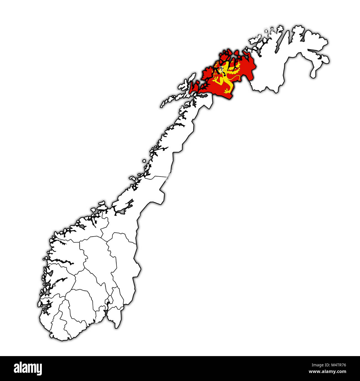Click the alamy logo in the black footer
click(x=28, y=369)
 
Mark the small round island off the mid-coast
click(x=144, y=160)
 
